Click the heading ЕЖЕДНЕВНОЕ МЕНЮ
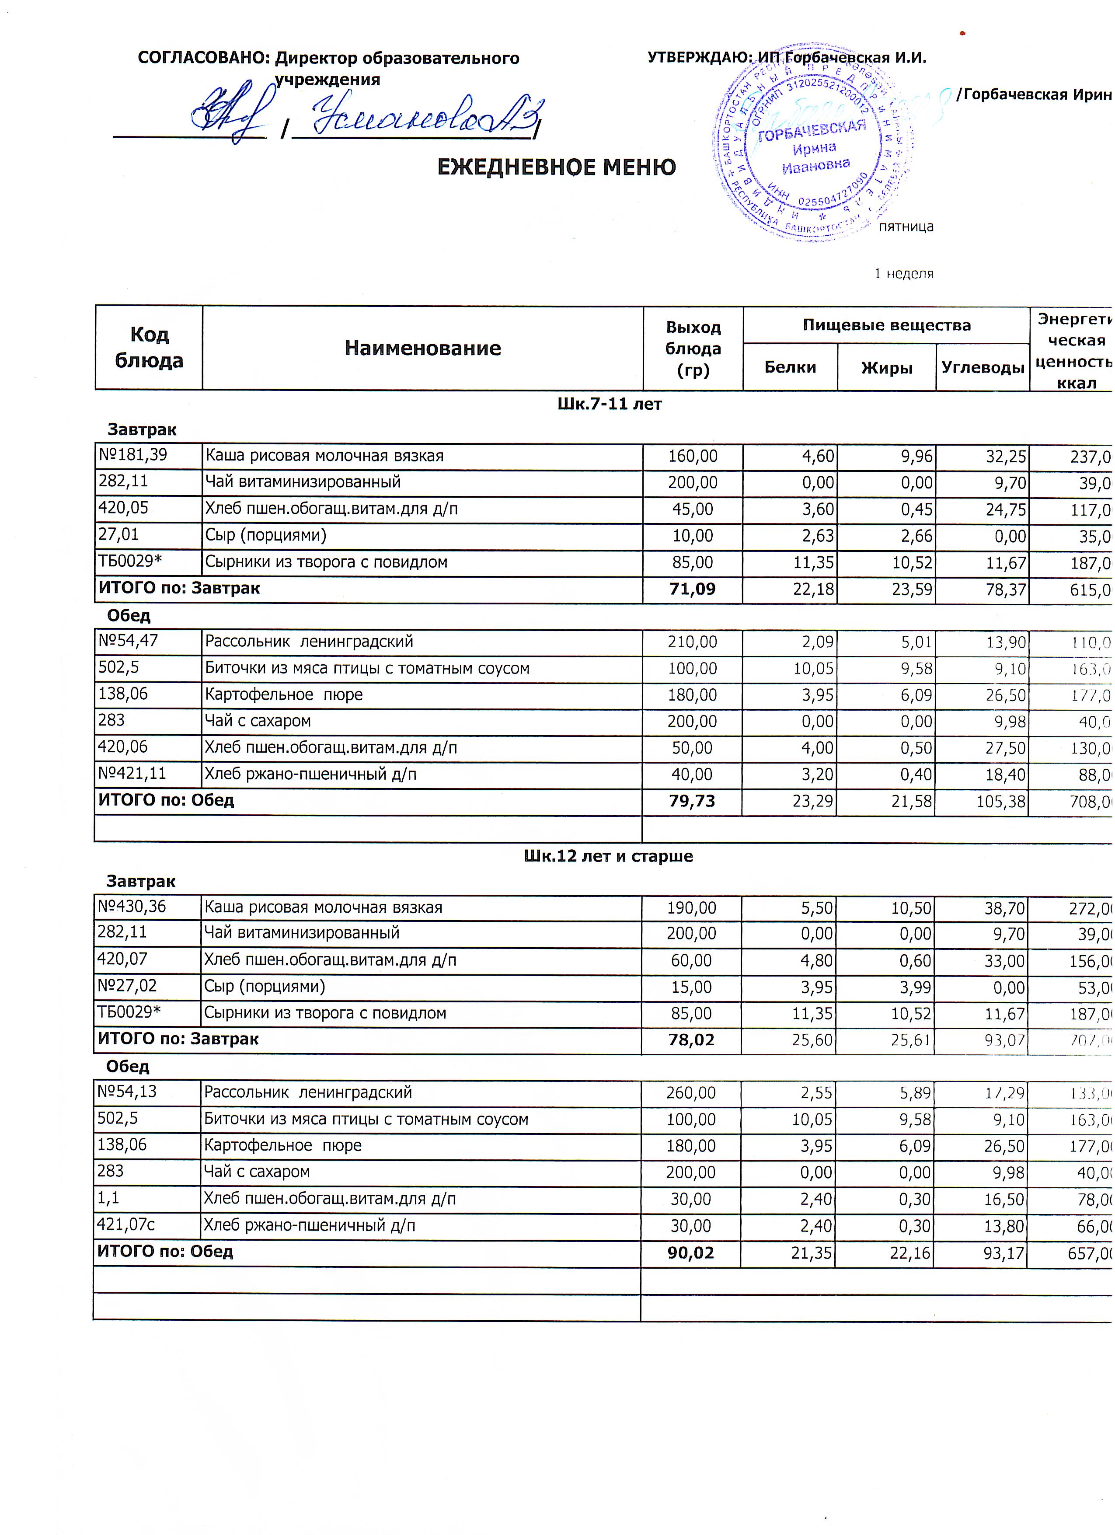pyautogui.click(x=556, y=167)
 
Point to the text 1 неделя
pyautogui.click(x=903, y=273)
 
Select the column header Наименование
pyautogui.click(x=423, y=348)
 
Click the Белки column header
pyautogui.click(x=790, y=367)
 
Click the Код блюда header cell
pyautogui.click(x=149, y=347)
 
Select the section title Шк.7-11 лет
pyautogui.click(x=609, y=404)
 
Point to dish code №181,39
pyautogui.click(x=132, y=455)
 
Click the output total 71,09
pyautogui.click(x=692, y=589)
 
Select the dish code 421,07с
pyautogui.click(x=126, y=1225)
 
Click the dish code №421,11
pyautogui.click(x=132, y=774)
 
